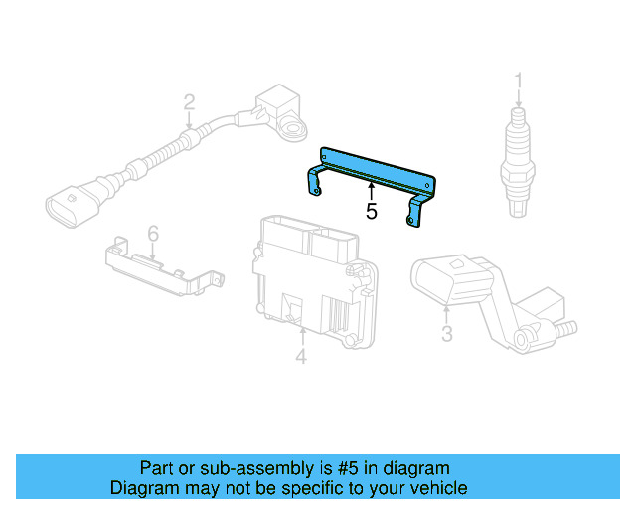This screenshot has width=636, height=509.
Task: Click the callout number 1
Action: pos(517,80)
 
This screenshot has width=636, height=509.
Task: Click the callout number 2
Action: pos(189,101)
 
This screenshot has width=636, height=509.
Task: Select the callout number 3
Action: pos(446,334)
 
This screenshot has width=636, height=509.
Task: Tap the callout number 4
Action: pos(301,356)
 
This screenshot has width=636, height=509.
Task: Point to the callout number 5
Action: pos(371,211)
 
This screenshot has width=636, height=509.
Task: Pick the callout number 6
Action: pos(153,233)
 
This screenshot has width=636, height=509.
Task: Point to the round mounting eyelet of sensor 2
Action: pos(294,128)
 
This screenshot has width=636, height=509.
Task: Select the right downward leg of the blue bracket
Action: pos(416,209)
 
